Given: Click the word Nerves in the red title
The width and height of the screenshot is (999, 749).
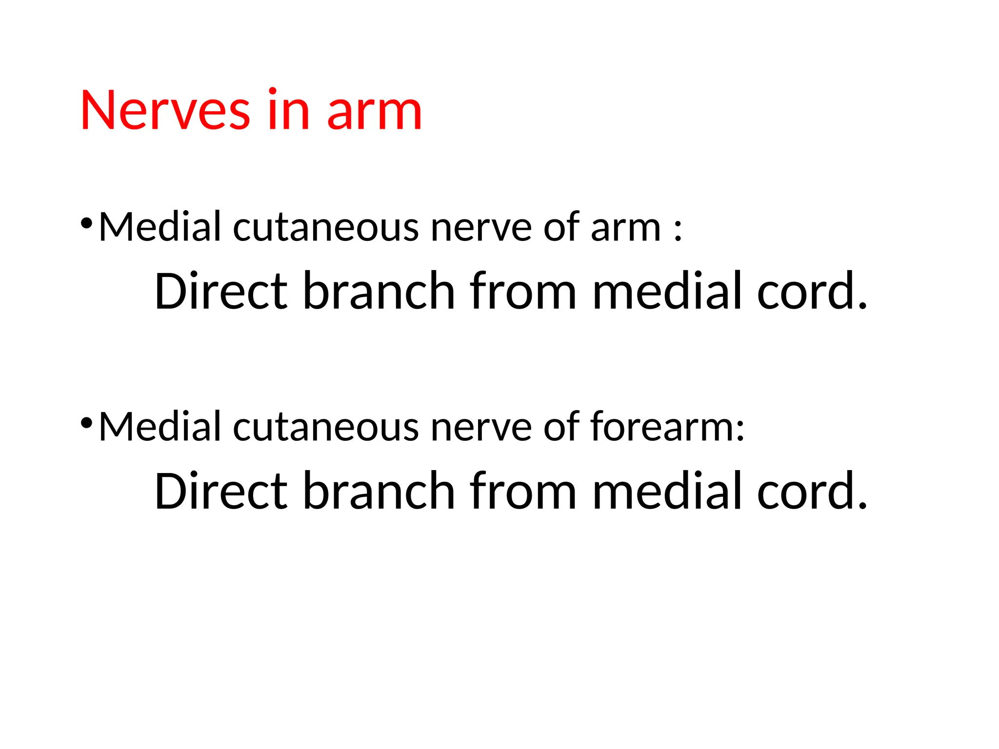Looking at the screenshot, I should pos(165,111).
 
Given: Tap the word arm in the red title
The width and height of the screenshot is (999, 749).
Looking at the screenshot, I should pos(374,111).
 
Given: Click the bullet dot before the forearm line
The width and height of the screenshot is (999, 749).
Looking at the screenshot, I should pos(86,423).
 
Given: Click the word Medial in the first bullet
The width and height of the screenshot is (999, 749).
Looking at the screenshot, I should pos(160,227).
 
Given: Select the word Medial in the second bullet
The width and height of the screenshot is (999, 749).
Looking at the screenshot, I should pos(160,427).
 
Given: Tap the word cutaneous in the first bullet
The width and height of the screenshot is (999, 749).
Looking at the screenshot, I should pos(326,228).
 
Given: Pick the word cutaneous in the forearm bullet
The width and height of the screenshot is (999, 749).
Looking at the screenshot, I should pos(326,428).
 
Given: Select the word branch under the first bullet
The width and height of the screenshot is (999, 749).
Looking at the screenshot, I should pos(379,291).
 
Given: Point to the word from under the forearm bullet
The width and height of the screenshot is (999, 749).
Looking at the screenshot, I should pos(523,491).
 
